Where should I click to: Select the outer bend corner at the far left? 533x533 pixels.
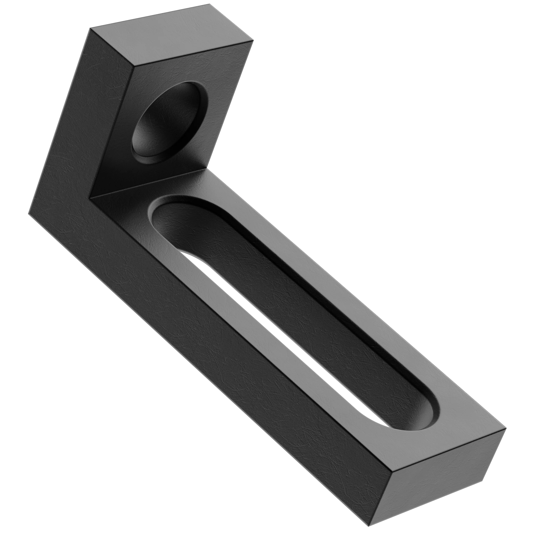click(28, 213)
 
